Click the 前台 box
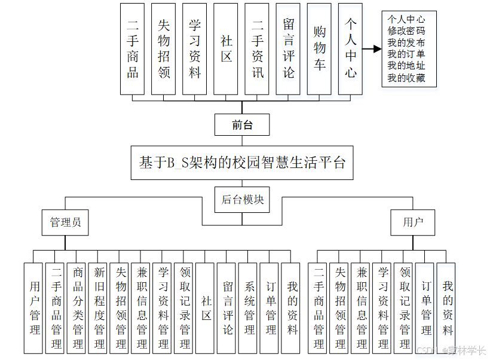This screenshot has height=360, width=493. (x=242, y=125)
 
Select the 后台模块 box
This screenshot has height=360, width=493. (x=242, y=200)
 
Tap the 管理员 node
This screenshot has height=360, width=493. (x=65, y=222)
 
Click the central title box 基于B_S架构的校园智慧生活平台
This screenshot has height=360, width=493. (x=242, y=162)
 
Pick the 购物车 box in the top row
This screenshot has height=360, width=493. (x=320, y=48)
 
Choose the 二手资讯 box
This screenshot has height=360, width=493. (x=258, y=48)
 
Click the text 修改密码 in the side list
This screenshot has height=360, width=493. (x=406, y=30)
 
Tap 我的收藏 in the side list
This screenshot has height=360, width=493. (x=406, y=78)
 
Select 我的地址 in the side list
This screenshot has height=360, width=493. (x=406, y=66)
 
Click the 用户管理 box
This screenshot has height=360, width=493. (x=35, y=307)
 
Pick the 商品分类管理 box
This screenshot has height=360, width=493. (x=78, y=307)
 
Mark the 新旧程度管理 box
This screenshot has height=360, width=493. (x=99, y=307)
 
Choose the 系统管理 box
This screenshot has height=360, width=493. (x=249, y=307)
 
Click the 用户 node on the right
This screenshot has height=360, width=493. (x=412, y=222)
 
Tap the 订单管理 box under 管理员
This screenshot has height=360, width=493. (x=271, y=307)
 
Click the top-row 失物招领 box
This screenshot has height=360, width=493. (x=164, y=48)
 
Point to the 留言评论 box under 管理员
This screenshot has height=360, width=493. (x=228, y=307)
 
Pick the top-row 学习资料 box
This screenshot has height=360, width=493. (x=195, y=48)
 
